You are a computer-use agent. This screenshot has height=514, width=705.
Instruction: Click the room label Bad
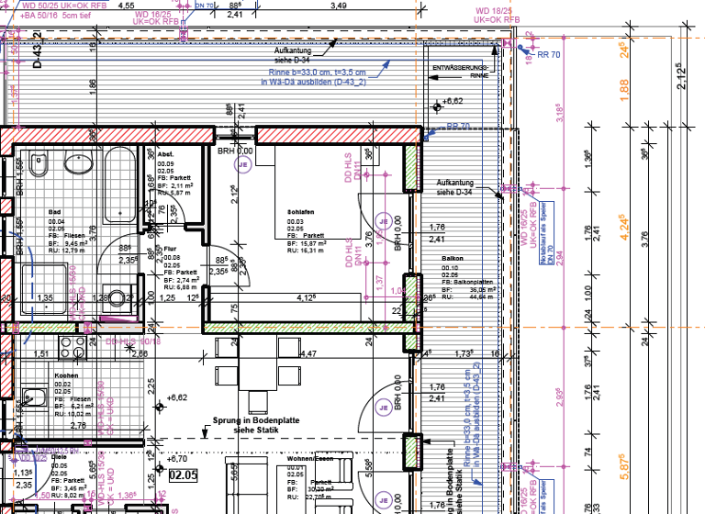[54, 211]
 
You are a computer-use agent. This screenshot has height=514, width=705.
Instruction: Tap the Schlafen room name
[300, 211]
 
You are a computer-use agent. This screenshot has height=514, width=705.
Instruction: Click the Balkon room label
[453, 259]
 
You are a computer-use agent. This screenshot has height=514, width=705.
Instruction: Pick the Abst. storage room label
[165, 153]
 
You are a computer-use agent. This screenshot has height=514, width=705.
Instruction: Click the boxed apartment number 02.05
[184, 475]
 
